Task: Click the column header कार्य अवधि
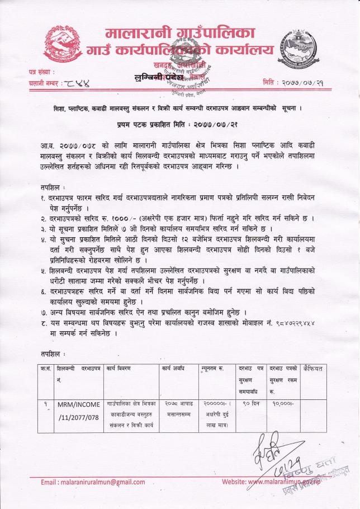point(174,369)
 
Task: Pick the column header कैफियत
point(312,369)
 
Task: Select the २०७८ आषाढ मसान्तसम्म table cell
point(178,408)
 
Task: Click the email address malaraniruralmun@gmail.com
point(93,482)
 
